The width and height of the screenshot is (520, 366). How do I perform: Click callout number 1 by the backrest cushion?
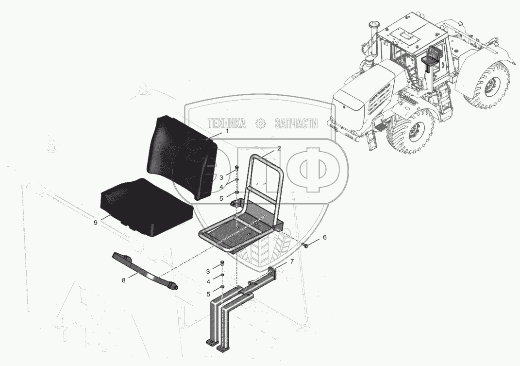click(227, 131)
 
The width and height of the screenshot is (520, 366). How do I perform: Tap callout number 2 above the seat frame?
click(279, 148)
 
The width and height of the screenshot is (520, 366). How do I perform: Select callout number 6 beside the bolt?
click(325, 237)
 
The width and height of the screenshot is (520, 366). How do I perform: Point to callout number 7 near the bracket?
click(292, 261)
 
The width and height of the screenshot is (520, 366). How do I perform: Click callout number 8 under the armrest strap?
click(124, 280)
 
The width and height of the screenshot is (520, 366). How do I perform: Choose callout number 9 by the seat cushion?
click(96, 223)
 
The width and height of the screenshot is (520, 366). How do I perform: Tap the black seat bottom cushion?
click(146, 207)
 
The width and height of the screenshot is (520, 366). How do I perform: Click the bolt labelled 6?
click(305, 245)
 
